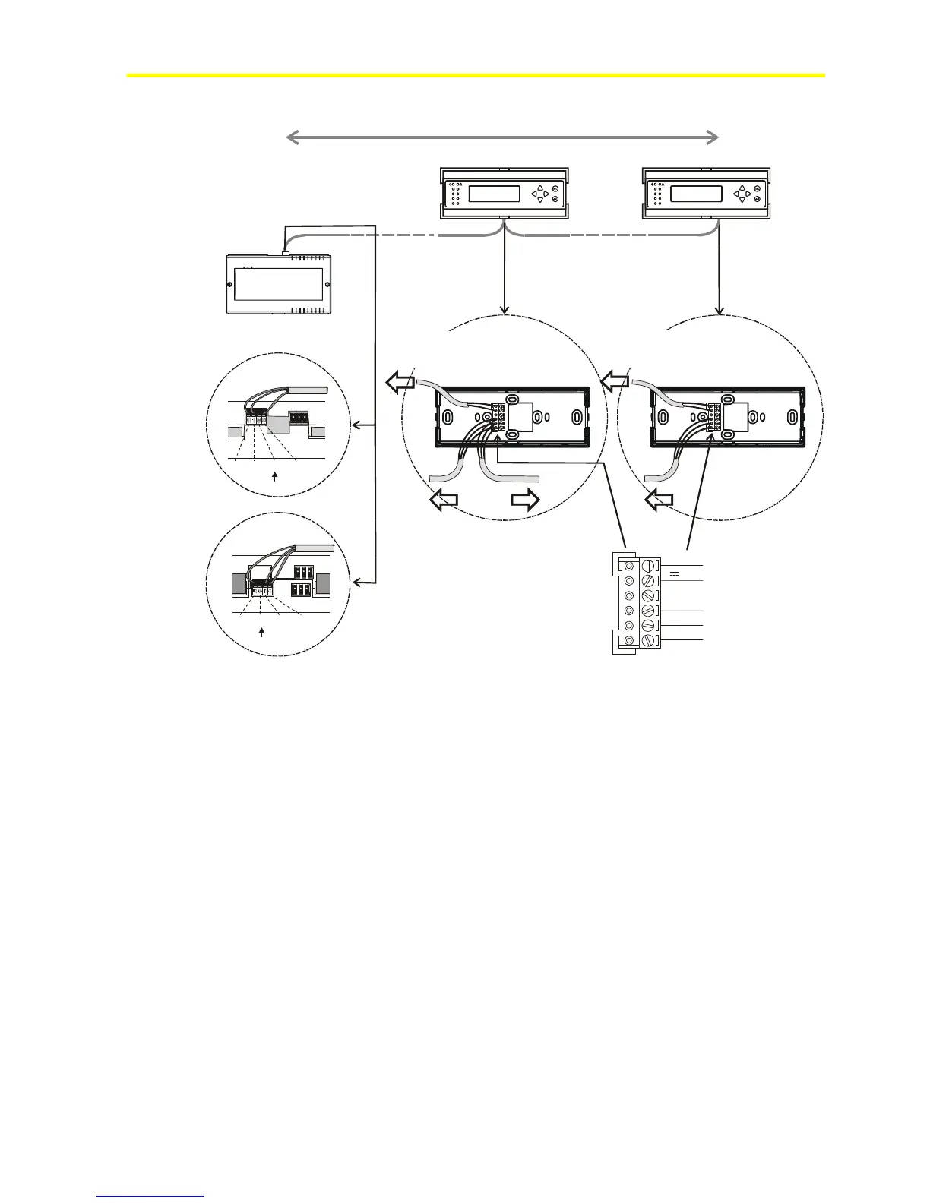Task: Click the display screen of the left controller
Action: click(494, 194)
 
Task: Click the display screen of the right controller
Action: click(696, 194)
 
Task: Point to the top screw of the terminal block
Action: click(648, 567)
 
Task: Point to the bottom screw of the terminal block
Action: click(648, 641)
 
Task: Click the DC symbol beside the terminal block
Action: click(674, 574)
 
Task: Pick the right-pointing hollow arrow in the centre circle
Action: click(525, 500)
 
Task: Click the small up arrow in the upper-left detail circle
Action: click(275, 475)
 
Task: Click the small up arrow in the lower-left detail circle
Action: click(262, 632)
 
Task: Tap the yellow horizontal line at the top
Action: click(476, 75)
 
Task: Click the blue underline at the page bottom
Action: click(151, 1197)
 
